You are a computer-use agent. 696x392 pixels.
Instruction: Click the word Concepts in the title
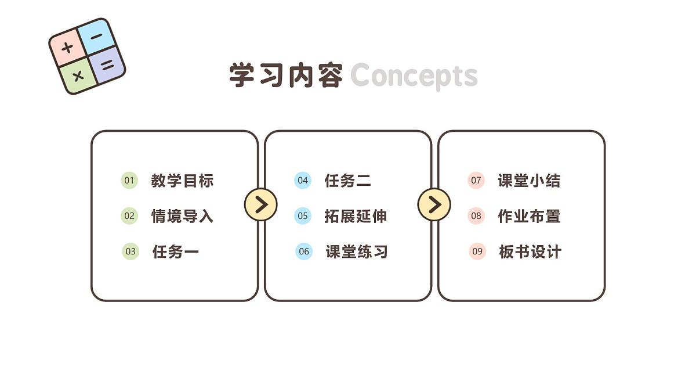click(414, 76)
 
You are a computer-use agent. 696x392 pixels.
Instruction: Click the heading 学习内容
click(286, 75)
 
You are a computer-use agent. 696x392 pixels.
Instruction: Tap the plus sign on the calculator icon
click(67, 48)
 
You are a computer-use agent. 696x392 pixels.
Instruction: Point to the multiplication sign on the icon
click(78, 76)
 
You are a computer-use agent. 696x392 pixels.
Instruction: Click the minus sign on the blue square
click(96, 37)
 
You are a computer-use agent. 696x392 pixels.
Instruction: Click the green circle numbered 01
click(129, 180)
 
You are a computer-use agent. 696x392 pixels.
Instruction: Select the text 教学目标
click(182, 181)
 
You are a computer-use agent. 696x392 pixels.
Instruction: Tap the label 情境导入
click(182, 216)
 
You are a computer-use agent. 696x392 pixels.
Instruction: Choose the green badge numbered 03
click(130, 251)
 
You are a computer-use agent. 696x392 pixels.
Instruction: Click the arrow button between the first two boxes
click(261, 204)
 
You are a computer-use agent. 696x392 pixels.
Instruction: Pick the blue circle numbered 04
click(303, 180)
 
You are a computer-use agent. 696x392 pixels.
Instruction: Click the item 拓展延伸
click(356, 216)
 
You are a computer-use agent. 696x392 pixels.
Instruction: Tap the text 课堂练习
click(357, 251)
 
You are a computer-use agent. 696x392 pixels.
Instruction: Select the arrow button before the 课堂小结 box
click(434, 204)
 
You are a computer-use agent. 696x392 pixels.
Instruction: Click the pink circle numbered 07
click(476, 180)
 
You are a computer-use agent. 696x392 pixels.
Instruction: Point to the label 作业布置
click(529, 216)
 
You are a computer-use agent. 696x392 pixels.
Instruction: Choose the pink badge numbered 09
click(477, 251)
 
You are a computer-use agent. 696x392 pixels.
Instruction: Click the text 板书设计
click(530, 251)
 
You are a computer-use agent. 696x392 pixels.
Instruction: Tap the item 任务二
click(347, 181)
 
